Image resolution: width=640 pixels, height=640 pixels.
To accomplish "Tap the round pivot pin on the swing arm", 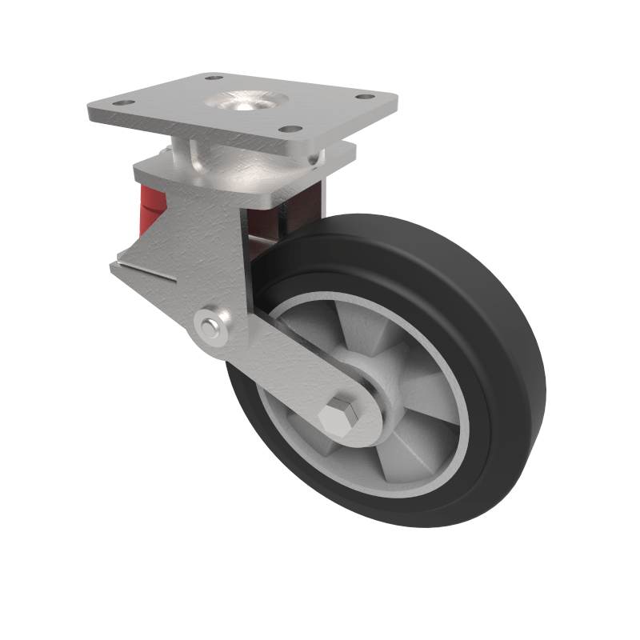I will [210, 326].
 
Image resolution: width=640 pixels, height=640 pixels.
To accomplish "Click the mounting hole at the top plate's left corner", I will [121, 102].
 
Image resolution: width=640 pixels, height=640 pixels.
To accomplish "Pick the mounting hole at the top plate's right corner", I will [364, 98].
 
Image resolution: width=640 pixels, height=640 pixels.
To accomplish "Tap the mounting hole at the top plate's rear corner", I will [214, 78].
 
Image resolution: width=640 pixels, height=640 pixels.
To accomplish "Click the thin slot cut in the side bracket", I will [148, 271].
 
